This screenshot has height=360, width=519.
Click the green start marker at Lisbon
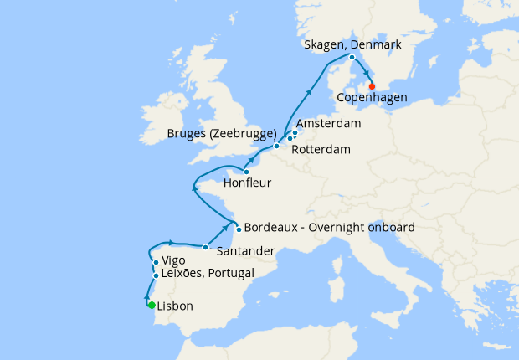click(152, 305)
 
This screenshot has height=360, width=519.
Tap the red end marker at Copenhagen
click(372, 86)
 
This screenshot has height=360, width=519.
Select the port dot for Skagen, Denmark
click(352, 57)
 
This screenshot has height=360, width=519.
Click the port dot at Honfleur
click(246, 172)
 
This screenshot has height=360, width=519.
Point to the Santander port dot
click(205, 247)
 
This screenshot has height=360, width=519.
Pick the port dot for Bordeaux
click(239, 229)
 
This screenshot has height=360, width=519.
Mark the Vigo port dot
click(156, 263)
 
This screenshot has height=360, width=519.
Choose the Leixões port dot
click(156, 275)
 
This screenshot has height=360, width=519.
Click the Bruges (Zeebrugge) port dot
click(276, 146)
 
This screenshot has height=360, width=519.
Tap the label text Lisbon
click(175, 306)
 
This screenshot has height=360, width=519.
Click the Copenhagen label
click(372, 98)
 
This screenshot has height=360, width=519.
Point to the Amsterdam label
click(328, 124)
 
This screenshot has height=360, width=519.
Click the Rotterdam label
click(321, 150)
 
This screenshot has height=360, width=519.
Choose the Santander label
click(244, 250)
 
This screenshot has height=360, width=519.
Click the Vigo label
click(173, 260)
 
